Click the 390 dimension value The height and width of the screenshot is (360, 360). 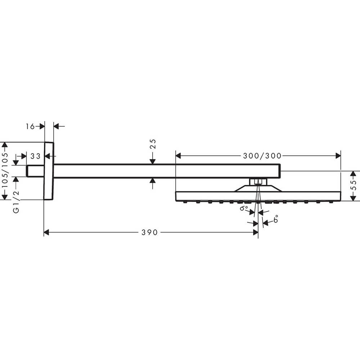coord(149,232)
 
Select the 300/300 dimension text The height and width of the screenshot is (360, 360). coord(262,156)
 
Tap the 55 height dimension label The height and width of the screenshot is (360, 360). coord(354,185)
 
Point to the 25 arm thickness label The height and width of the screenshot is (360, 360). coord(153,144)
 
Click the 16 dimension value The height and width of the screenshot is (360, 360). coord(30,126)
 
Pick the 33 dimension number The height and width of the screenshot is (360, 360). coord(35,156)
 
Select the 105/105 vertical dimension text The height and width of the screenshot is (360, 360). coord(5,170)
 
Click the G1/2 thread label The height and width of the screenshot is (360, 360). coord(16,202)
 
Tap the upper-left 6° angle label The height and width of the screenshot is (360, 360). coord(244,208)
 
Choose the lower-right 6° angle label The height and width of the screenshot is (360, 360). coord(276,219)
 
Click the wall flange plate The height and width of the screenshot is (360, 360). coord(49,171)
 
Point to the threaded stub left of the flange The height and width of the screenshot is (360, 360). coord(35,171)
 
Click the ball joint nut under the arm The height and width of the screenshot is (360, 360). coord(258,182)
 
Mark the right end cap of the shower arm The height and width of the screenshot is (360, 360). coord(280,171)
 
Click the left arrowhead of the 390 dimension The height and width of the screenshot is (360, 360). coord(46,232)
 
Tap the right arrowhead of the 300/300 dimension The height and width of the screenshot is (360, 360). coord(338,156)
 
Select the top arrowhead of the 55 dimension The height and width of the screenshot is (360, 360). coord(354,174)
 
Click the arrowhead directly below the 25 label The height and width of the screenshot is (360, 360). coord(153,161)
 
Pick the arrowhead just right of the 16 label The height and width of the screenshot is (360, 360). coord(42,126)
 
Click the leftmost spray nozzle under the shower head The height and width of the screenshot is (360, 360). coord(185,202)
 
